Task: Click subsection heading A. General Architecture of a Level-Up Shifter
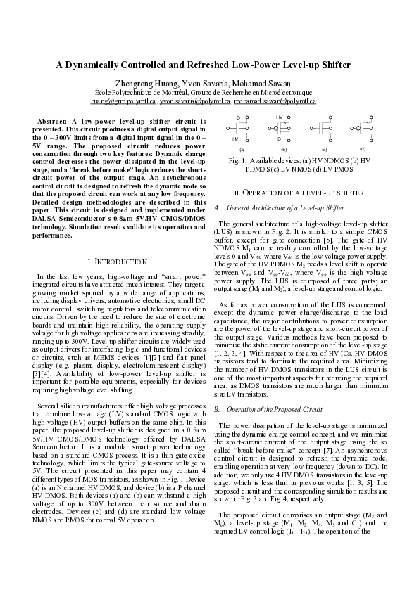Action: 285,208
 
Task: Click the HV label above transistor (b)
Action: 280,117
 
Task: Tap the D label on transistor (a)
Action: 238,117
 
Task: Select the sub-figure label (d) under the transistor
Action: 362,148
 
